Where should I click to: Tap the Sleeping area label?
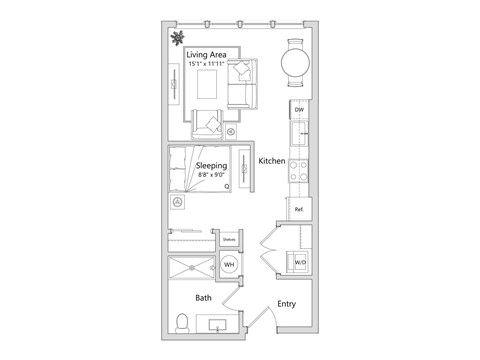210,164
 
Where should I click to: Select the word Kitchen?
272,160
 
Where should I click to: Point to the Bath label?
203,298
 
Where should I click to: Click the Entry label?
287,304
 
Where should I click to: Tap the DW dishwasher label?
298,110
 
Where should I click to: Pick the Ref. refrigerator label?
298,209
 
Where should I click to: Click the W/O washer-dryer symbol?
299,263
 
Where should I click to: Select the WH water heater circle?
229,265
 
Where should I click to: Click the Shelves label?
229,240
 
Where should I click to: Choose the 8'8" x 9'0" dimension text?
211,175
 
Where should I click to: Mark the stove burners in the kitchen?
298,170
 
